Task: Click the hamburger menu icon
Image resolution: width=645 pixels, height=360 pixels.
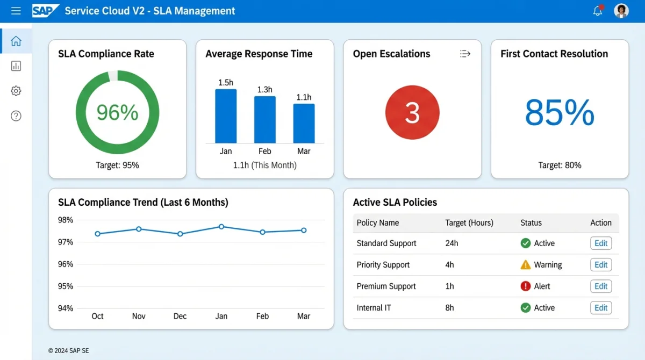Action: click(x=16, y=11)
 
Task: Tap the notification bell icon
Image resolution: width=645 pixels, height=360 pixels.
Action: click(x=598, y=11)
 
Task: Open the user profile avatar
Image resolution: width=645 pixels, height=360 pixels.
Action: click(x=621, y=11)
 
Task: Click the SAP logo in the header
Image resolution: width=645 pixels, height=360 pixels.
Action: click(x=45, y=11)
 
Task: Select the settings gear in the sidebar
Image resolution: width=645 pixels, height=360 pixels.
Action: click(x=16, y=91)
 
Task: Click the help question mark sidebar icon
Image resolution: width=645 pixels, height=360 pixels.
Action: click(x=16, y=116)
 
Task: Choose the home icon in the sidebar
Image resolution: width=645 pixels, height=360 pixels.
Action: click(x=16, y=41)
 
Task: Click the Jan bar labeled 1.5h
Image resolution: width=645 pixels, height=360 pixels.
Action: click(x=226, y=116)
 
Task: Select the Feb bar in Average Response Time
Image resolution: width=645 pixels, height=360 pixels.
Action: click(x=264, y=119)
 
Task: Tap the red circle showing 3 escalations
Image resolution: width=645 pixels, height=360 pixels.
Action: click(x=412, y=113)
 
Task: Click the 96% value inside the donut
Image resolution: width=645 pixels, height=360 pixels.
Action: click(x=117, y=113)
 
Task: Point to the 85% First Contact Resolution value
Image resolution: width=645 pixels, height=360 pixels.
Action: click(x=560, y=113)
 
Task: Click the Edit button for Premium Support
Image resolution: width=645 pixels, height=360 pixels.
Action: click(x=601, y=286)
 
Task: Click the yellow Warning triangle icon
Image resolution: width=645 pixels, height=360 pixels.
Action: click(x=526, y=265)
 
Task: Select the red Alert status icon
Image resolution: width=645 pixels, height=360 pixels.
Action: click(x=526, y=286)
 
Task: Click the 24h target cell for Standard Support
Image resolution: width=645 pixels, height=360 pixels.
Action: click(x=451, y=243)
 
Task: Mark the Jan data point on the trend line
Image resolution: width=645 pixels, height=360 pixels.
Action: click(x=221, y=227)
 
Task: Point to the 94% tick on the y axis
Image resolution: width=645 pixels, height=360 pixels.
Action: click(x=65, y=308)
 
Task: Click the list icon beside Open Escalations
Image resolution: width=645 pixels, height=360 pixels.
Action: click(x=465, y=54)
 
